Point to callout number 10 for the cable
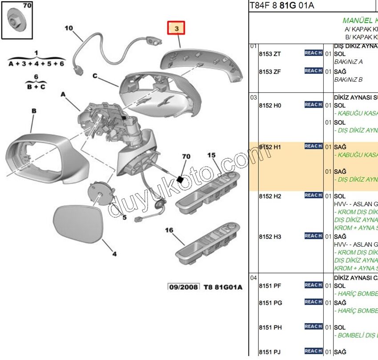[68, 28]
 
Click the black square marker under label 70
[181, 179]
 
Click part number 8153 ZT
[270, 54]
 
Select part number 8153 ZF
[270, 72]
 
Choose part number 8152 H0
[270, 106]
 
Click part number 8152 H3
[270, 237]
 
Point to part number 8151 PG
[270, 303]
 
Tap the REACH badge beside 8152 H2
[314, 195]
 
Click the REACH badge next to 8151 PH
[314, 327]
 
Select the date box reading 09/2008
[183, 287]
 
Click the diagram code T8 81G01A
[223, 287]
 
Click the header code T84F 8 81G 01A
[281, 5]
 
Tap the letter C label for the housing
[95, 76]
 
